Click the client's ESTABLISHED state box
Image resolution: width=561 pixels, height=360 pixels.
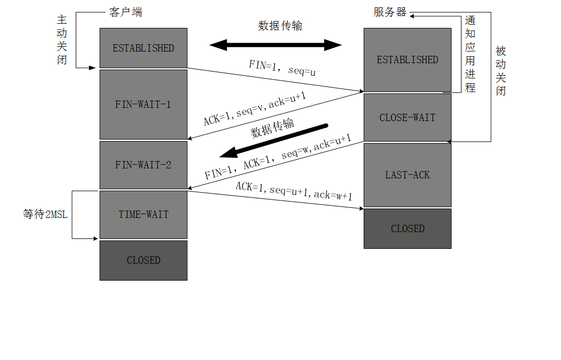point(143,48)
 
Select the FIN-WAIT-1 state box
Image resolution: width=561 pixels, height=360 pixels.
point(143,104)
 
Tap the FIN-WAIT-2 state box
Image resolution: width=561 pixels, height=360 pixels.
point(143,165)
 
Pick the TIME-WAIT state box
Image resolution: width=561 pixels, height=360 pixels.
point(143,214)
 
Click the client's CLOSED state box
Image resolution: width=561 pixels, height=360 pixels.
point(143,260)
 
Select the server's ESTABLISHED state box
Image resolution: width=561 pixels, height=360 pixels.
point(407,59)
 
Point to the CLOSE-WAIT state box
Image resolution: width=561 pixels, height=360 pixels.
point(407,117)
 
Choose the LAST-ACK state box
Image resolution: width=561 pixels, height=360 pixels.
point(407,175)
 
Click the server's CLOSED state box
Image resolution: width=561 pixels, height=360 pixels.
point(407,228)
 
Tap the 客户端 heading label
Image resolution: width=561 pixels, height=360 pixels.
point(125,12)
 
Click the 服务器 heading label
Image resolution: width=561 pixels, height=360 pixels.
point(390,12)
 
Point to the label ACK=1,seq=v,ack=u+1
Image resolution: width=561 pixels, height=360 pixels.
point(255,109)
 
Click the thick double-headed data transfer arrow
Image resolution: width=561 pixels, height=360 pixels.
point(276,45)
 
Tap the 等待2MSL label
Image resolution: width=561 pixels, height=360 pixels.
point(45,215)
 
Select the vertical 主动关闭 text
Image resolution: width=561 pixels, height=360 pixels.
point(62,39)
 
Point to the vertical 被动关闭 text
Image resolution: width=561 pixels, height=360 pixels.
point(500,71)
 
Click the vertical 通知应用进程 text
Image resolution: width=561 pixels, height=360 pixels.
point(470,54)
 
